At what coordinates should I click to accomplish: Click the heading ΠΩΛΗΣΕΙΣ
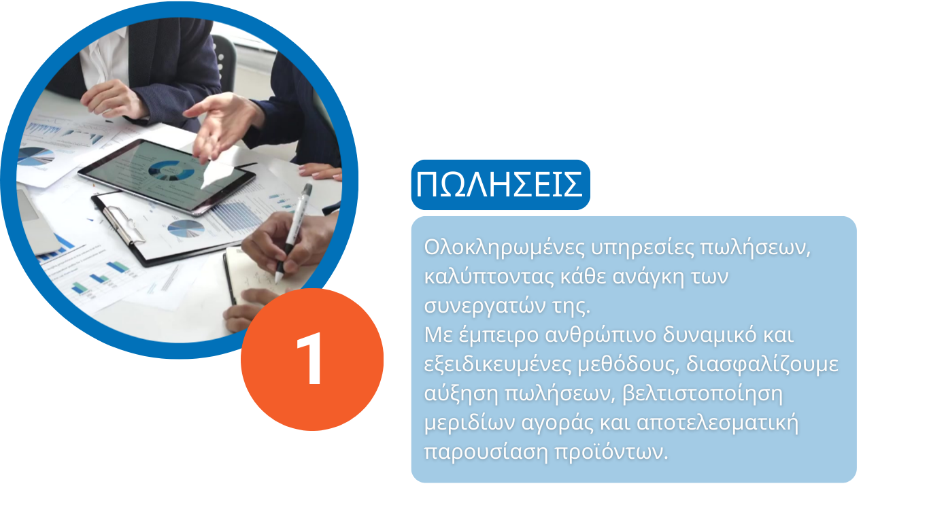499,185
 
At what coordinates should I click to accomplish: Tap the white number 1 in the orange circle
311,358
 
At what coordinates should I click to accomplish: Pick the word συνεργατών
484,306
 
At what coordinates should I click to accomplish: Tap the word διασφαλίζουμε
762,365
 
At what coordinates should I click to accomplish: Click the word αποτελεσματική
717,423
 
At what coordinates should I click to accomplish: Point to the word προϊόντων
611,452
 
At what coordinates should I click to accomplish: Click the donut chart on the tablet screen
171,171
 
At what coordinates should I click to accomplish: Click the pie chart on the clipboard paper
186,228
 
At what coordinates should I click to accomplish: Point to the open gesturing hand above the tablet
222,124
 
